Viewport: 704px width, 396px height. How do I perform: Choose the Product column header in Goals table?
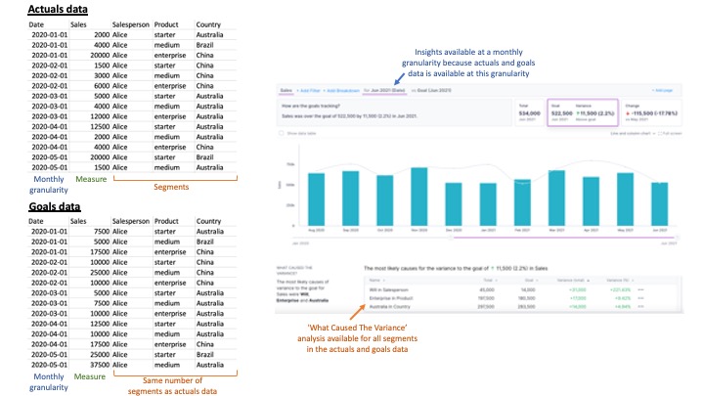167,222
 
